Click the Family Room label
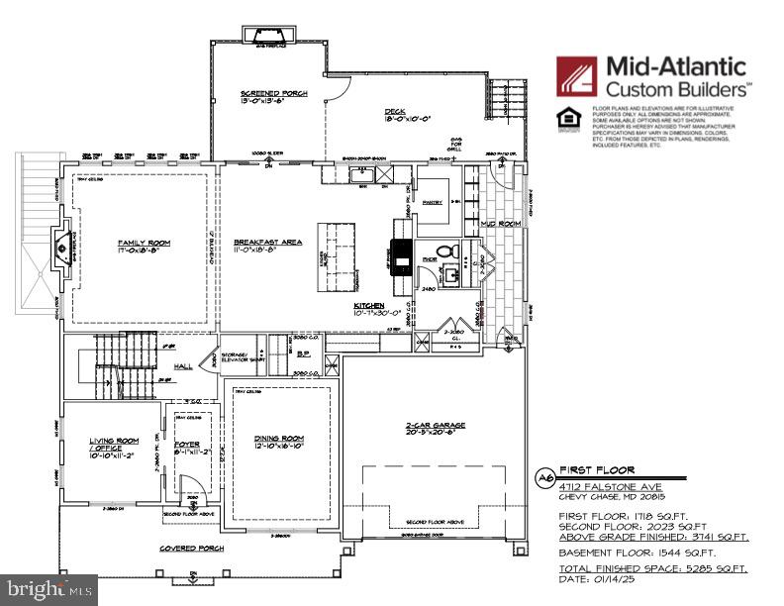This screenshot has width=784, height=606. click(139, 242)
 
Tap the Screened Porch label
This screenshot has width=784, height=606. click(274, 93)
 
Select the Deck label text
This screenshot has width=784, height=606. click(396, 111)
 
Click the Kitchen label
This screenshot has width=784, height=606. click(370, 307)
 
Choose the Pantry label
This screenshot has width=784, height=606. click(432, 200)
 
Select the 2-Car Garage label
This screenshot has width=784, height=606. click(437, 425)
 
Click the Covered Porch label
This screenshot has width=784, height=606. click(193, 548)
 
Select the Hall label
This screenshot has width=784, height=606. click(183, 366)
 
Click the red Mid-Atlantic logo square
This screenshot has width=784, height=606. click(576, 76)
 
